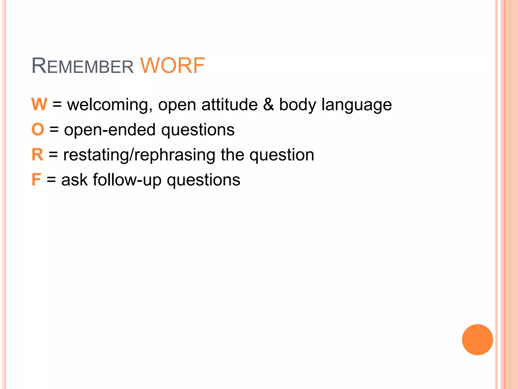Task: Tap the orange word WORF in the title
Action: tap(172, 66)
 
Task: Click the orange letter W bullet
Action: tap(39, 104)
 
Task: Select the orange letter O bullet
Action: tap(38, 129)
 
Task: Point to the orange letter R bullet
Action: tap(37, 154)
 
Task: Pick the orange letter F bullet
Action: tap(36, 180)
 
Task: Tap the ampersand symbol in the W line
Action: tap(268, 104)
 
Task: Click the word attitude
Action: tap(229, 104)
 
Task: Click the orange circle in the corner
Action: tap(477, 340)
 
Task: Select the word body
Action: tap(297, 105)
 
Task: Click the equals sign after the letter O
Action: tap(54, 130)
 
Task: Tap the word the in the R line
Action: tap(232, 154)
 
